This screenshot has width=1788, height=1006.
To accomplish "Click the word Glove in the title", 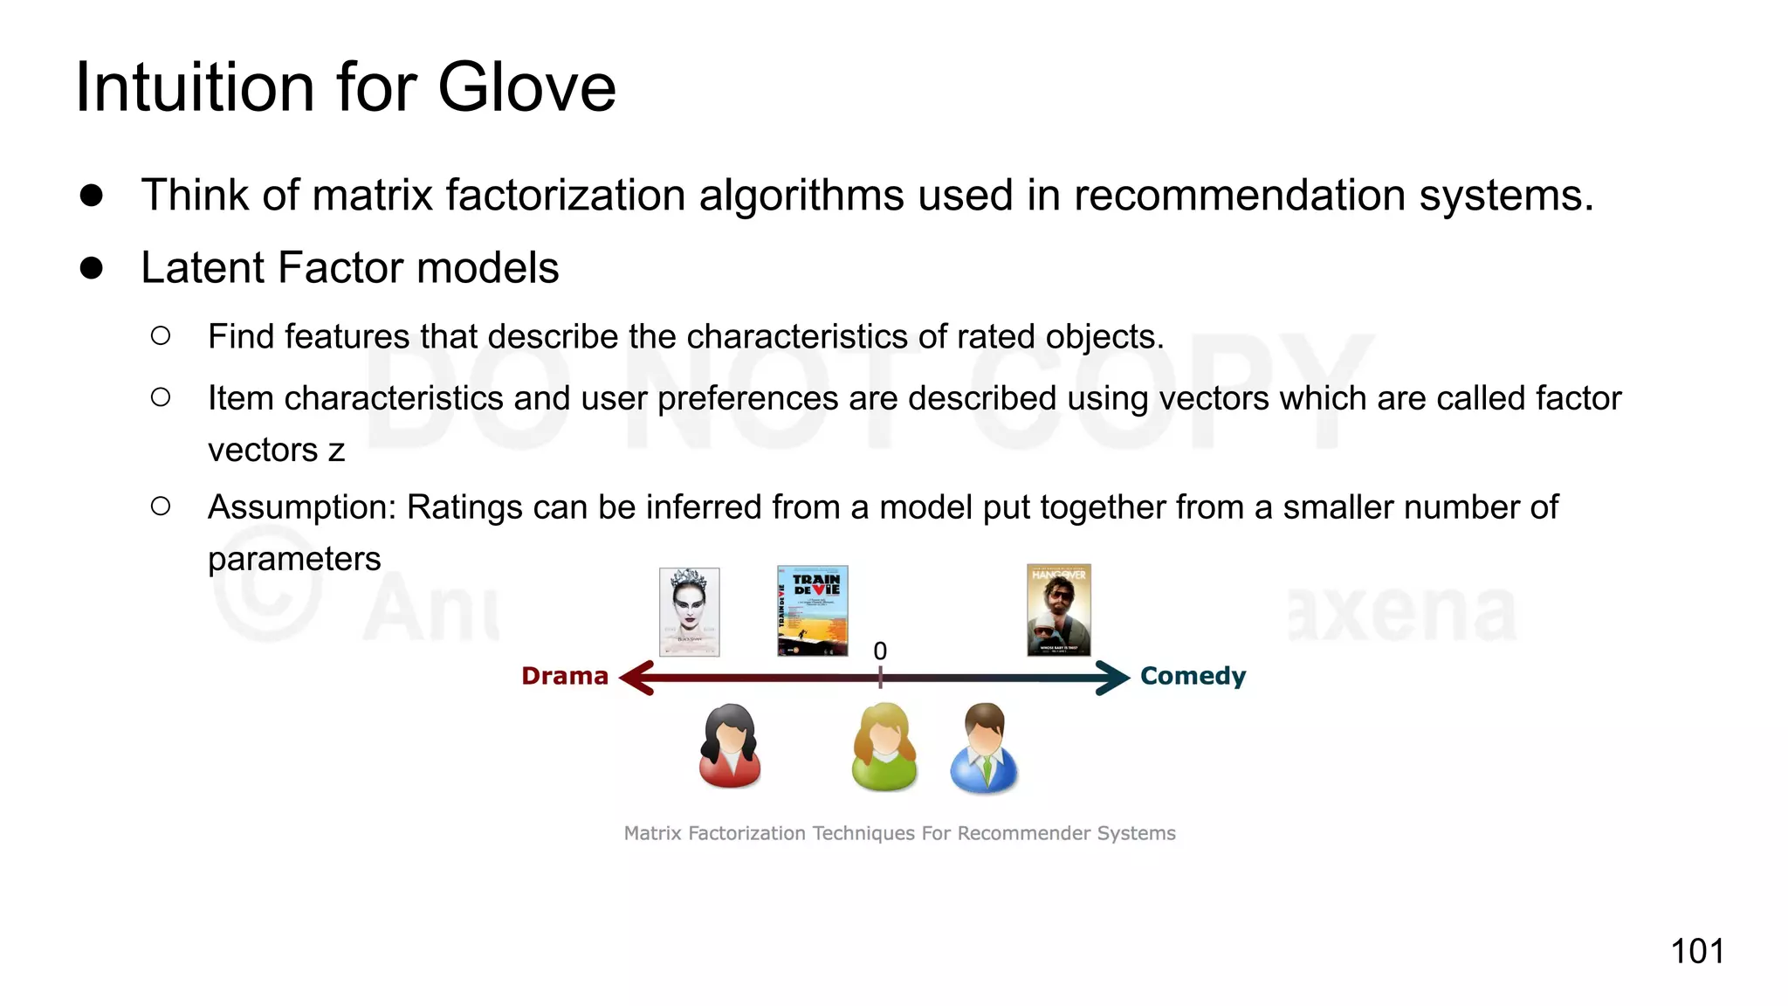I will click(x=526, y=87).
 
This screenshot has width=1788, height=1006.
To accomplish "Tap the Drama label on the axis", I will click(x=564, y=676).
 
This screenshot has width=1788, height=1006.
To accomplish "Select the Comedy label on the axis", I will click(x=1193, y=676).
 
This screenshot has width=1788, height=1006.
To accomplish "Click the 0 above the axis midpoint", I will click(x=880, y=651).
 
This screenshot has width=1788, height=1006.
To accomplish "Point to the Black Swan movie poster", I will click(x=689, y=611).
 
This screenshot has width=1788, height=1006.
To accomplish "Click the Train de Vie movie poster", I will click(x=812, y=610).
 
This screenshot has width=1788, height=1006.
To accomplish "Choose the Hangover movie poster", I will click(x=1058, y=610).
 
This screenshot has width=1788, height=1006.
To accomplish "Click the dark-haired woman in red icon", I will click(x=730, y=747).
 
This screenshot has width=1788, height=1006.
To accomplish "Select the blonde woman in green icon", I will click(x=884, y=748).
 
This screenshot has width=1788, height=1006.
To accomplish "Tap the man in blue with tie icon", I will click(x=984, y=748).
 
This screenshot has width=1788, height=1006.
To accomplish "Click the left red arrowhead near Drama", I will click(x=637, y=678).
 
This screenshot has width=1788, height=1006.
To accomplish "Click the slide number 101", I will click(x=1696, y=951).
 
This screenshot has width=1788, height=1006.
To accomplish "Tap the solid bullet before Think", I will click(x=92, y=195).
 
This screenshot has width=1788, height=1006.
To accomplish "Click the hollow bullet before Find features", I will click(x=161, y=336).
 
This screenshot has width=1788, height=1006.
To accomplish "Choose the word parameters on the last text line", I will click(x=294, y=559).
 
